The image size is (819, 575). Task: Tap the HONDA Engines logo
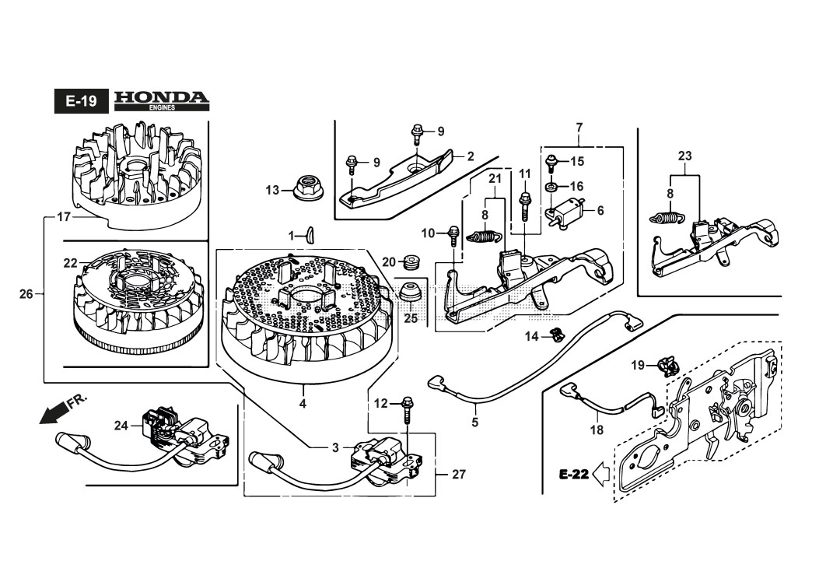point(162,100)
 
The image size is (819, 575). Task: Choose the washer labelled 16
point(551,187)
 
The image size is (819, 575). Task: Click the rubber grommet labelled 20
point(413,261)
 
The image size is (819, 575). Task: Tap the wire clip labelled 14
point(555,335)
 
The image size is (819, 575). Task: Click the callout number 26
point(26,294)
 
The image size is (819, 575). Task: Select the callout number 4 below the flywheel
point(303,404)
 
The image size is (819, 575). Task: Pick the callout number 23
point(684,156)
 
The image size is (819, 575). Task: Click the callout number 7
point(579,127)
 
